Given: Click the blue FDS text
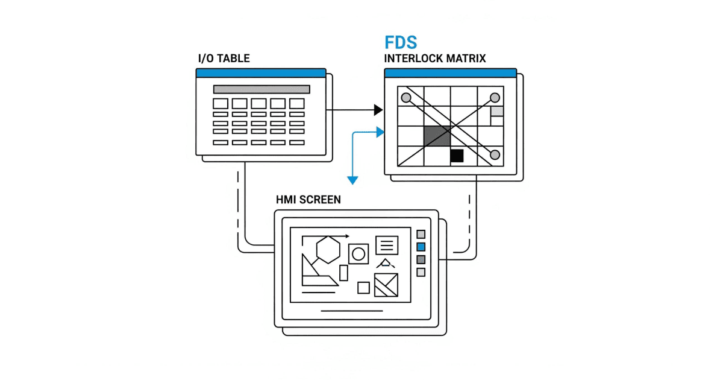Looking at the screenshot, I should pos(401,43).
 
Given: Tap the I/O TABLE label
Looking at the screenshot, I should pos(224,59).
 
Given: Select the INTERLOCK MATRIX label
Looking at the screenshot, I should pos(435,59).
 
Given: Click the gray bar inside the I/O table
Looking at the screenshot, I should pos(261,89).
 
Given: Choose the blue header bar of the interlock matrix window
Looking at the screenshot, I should pos(450,73).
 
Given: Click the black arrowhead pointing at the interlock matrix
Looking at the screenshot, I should pos(378,110).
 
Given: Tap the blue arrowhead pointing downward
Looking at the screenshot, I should pos(352,180).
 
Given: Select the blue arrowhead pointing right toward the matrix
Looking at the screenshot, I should pos(380,131).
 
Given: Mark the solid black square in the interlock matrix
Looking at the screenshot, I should pos(457,156).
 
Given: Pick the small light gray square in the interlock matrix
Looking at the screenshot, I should pos(497,111).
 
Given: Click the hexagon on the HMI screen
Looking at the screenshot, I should pos(328,249).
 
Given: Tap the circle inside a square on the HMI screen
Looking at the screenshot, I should pos(358,253).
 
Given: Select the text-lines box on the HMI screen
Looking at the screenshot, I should pos(387,245).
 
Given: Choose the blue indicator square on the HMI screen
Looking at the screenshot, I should pos(421,247).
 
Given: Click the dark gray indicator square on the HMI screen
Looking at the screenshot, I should pos(421,259).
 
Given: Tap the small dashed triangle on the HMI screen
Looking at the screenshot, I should pos(385,263).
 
